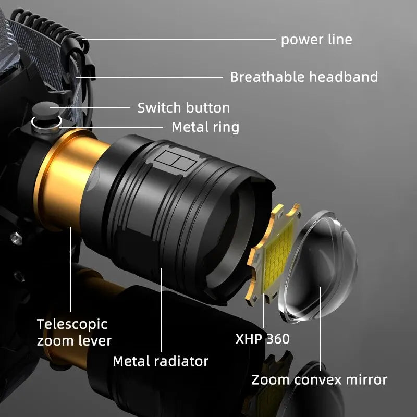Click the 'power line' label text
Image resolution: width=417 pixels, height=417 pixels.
(316, 40)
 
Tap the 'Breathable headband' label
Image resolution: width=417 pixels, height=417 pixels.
(304, 77)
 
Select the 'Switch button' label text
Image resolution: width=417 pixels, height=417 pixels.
(183, 108)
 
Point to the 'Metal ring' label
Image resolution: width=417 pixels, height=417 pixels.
(205, 127)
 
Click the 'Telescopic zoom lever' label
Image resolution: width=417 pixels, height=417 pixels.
(73, 333)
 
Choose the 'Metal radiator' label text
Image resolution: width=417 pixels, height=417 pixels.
(161, 361)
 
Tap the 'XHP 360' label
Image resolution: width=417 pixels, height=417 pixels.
(262, 339)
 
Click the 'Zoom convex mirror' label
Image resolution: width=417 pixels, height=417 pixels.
(319, 379)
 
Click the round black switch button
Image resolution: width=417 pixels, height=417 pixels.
(45, 111)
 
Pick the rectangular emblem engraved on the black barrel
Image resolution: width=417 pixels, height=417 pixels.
(173, 162)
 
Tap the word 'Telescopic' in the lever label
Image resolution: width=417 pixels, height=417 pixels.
(72, 324)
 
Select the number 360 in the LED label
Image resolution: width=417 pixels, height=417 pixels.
(278, 339)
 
